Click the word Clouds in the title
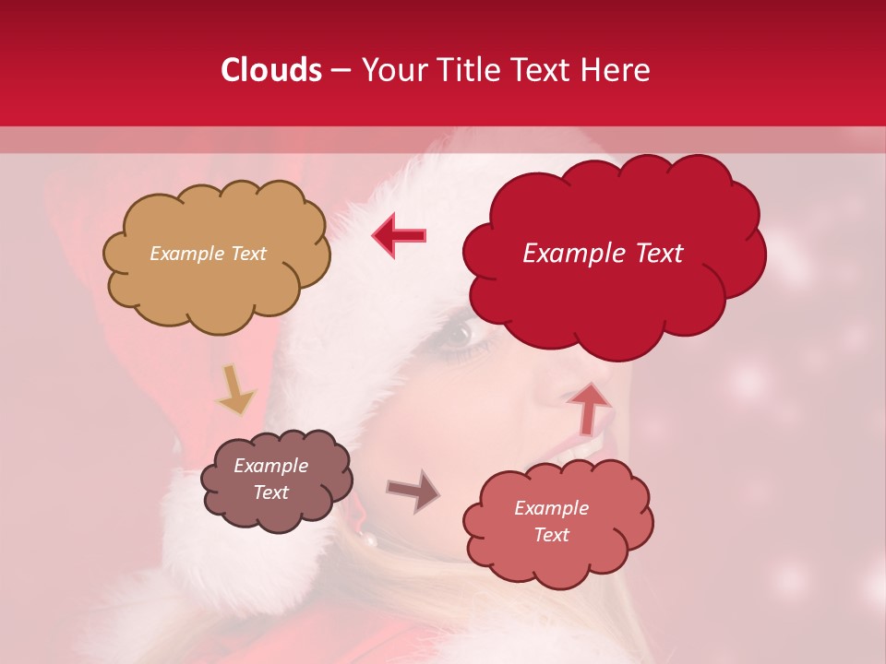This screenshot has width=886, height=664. pyautogui.click(x=270, y=70)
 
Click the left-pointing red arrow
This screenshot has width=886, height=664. pyautogui.click(x=399, y=234)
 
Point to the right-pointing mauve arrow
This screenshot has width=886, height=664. pyautogui.click(x=413, y=490)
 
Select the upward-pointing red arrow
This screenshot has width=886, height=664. pyautogui.click(x=588, y=407)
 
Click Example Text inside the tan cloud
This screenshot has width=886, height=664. pyautogui.click(x=208, y=254)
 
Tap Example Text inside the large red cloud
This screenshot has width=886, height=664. pyautogui.click(x=603, y=254)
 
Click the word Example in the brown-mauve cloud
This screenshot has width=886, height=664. pyautogui.click(x=270, y=466)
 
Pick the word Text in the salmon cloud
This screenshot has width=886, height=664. pyautogui.click(x=551, y=535)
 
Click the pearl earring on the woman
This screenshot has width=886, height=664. pyautogui.click(x=369, y=539)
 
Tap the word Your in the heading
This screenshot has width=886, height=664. pyautogui.click(x=391, y=70)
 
